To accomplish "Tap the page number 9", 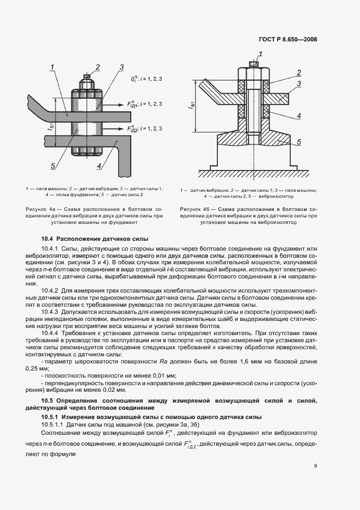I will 315,465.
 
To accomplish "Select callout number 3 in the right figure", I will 299,83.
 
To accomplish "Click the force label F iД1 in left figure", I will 132,104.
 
